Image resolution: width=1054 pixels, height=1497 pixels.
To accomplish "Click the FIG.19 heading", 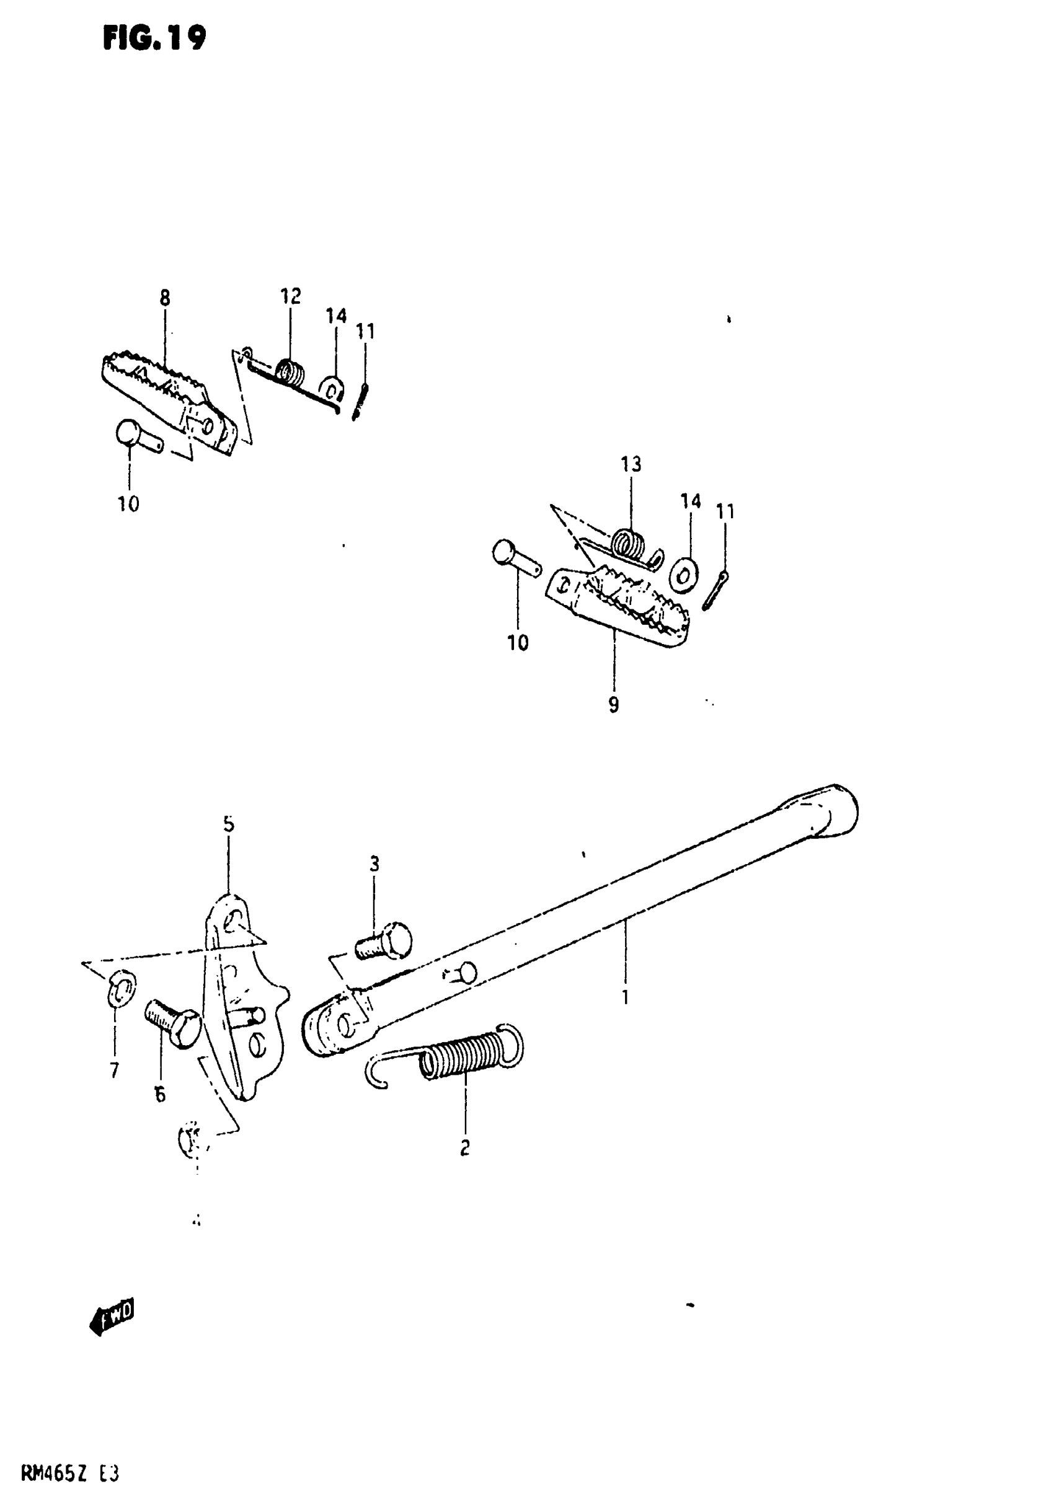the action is coord(154,39).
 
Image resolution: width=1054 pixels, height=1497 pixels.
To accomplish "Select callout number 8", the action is coord(164,299).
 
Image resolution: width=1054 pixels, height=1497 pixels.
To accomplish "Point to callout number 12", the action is coord(291,297).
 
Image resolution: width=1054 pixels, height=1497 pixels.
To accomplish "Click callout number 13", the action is coord(631,464).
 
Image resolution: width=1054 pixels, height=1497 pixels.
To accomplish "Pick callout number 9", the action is coord(613,705).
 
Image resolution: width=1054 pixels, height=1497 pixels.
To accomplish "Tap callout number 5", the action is coord(228,824).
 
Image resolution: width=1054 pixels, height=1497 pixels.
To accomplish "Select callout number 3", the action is coord(374,864).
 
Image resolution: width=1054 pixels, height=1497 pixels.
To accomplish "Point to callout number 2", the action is coord(464,1147).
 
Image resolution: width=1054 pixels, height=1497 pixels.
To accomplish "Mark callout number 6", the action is coord(160,1095).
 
